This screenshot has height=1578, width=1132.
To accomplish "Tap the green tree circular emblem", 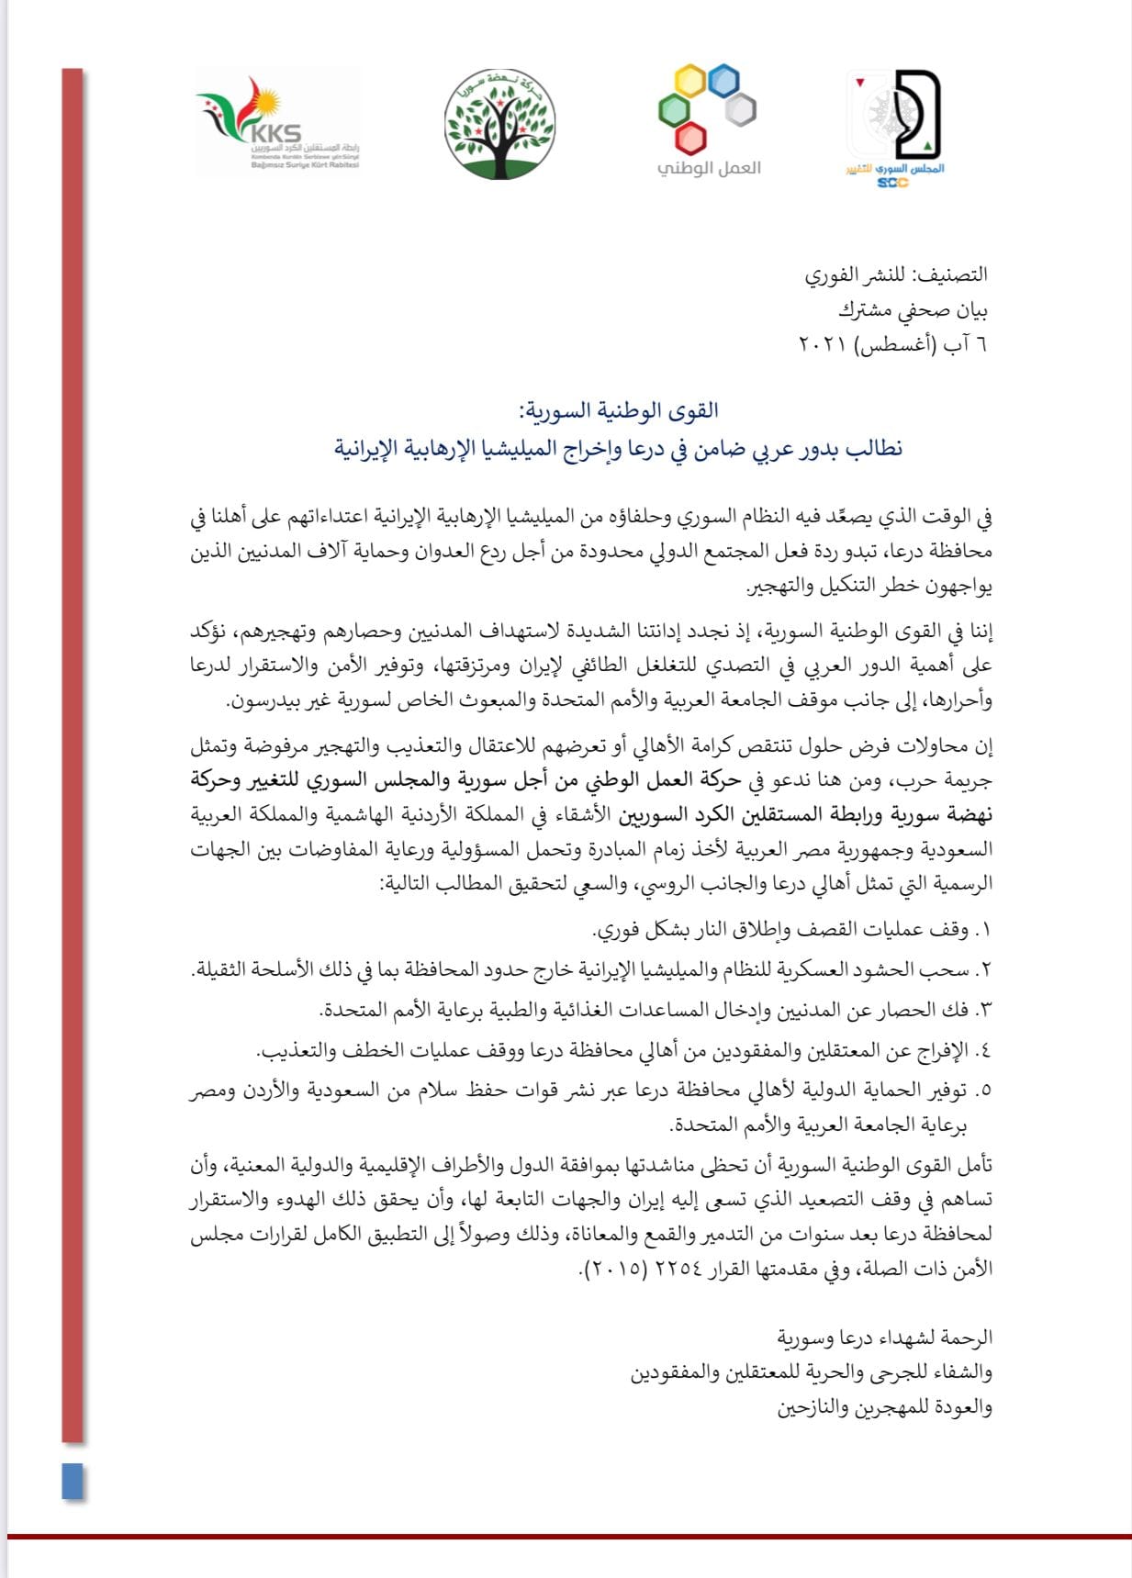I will coord(500,124).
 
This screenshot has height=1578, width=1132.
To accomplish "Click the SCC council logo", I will coord(895,125).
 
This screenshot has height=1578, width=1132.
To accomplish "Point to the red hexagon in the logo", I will coord(689,139).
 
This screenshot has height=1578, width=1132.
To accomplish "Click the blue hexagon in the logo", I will coord(724,81).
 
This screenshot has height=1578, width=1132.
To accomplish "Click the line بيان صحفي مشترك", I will coord(913,310).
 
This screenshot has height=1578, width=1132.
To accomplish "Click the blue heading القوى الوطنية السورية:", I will coord(617,410).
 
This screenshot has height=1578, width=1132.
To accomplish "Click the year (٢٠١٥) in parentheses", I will coord(613,1269).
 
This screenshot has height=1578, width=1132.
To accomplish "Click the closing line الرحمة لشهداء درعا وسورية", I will coord(884,1337).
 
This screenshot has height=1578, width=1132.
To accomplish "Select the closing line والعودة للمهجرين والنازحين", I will coord(884,1407).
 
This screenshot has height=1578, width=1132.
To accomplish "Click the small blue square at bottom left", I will coord(73,1482).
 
